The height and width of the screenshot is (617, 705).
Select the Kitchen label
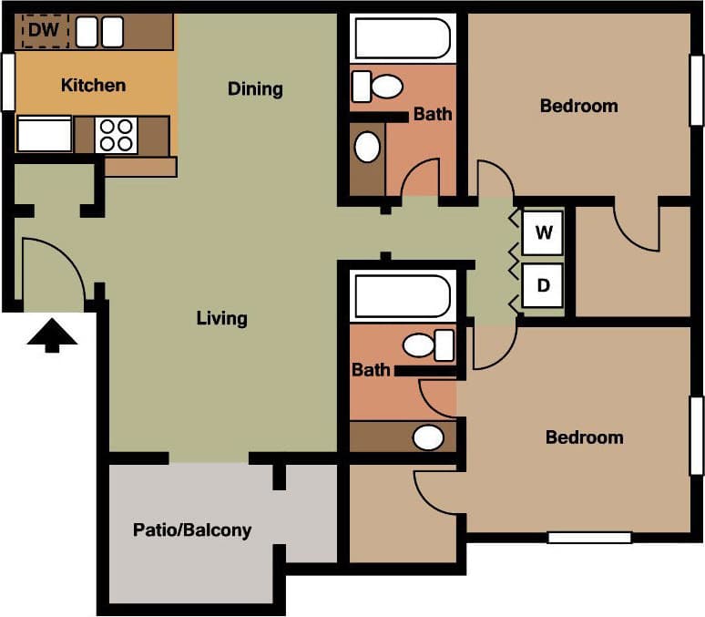coord(93,86)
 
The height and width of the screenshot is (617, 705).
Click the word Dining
coord(255,88)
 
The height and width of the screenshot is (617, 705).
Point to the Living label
coord(222,318)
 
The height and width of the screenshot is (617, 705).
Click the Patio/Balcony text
coord(192,530)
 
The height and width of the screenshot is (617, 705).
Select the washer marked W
coord(544,232)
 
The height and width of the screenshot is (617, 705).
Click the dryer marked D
coord(544,285)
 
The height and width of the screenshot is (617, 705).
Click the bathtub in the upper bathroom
coord(402,39)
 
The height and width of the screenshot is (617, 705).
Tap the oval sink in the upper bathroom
coord(367,147)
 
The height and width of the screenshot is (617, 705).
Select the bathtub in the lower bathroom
coord(402,297)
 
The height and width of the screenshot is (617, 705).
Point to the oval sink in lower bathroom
coord(427,437)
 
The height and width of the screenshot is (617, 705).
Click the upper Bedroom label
coord(578,106)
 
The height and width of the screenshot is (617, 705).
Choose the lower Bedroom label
coord(584,437)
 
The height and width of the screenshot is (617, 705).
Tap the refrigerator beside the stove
coord(44,135)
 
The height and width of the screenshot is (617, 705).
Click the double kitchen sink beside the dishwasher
coord(99,33)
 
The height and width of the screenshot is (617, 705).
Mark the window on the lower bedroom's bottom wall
coord(589,538)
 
